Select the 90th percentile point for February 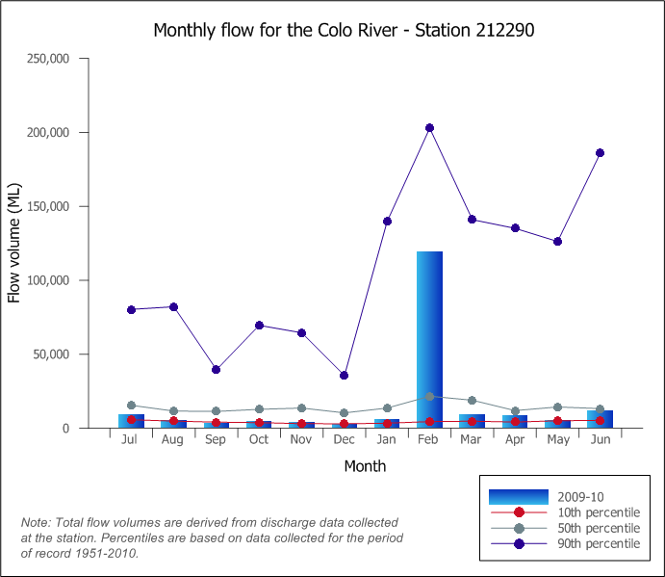429,128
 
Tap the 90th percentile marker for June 600,153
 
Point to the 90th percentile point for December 345,376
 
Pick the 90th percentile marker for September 217,370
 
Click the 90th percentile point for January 387,222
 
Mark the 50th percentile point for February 429,397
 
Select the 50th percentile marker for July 131,406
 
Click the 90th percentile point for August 174,307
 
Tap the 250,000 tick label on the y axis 49,59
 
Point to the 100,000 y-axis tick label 49,280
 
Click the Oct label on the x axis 259,440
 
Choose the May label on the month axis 557,440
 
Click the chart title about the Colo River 344,30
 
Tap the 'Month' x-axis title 365,466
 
